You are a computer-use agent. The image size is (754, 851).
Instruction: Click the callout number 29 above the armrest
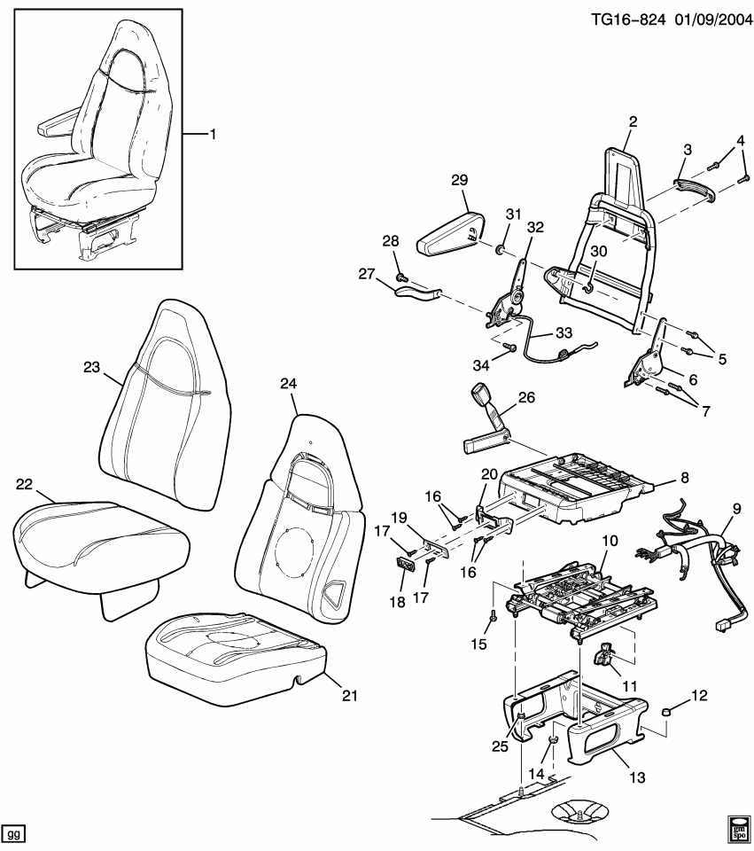[458, 180]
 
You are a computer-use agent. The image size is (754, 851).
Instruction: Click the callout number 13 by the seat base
[639, 778]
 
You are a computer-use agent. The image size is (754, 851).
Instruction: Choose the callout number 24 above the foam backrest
[289, 383]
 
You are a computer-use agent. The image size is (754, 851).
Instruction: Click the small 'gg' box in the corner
[15, 834]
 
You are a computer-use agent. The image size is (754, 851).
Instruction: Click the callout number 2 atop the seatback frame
[633, 121]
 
